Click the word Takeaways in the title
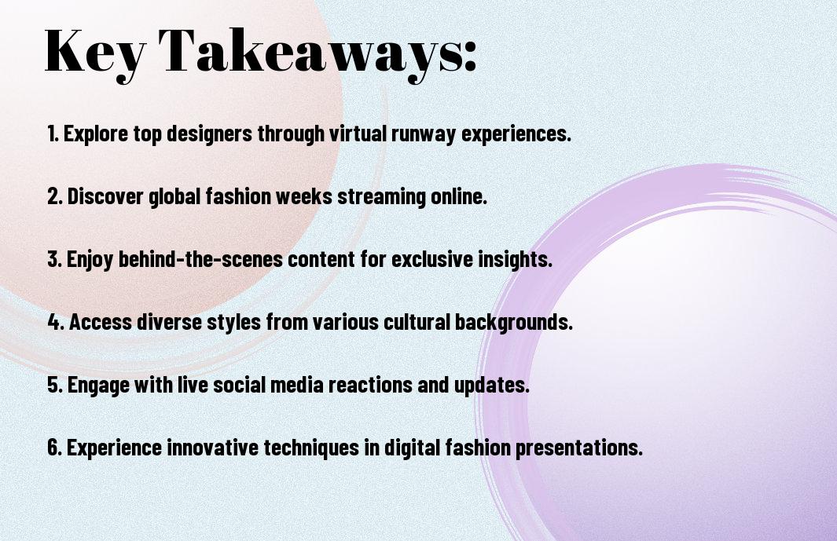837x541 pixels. point(301,50)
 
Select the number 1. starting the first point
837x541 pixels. point(53,134)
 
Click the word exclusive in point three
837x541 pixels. point(435,260)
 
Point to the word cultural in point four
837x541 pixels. point(413,323)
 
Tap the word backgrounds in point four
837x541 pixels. point(513,323)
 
